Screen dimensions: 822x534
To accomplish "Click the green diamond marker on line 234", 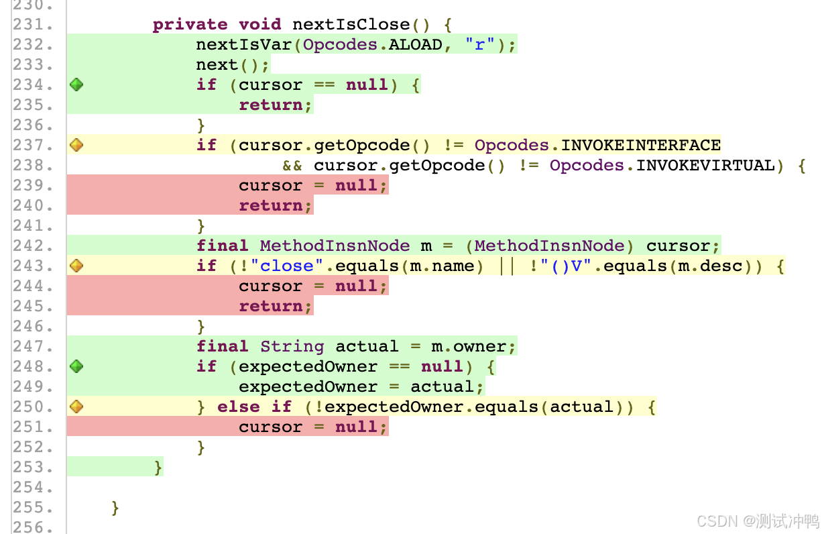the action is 76,85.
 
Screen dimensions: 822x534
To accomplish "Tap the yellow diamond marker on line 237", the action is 76,145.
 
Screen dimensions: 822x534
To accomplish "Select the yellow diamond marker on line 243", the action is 76,266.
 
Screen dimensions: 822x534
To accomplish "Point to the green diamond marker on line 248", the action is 76,366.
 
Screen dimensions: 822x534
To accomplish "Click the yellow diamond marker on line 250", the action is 76,407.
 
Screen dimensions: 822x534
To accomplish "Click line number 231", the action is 33,25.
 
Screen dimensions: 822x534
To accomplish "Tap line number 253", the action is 33,467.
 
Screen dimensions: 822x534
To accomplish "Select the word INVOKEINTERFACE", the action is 640,145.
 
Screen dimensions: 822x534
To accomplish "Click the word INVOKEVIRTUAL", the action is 705,165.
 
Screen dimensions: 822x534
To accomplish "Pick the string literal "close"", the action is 287,266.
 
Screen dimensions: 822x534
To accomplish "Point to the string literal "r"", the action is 480,45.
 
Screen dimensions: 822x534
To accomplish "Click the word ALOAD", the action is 416,45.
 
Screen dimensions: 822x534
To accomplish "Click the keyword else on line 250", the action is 239,407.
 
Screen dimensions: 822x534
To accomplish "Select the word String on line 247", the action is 292,346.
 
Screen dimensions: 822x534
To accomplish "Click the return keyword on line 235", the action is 271,105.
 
